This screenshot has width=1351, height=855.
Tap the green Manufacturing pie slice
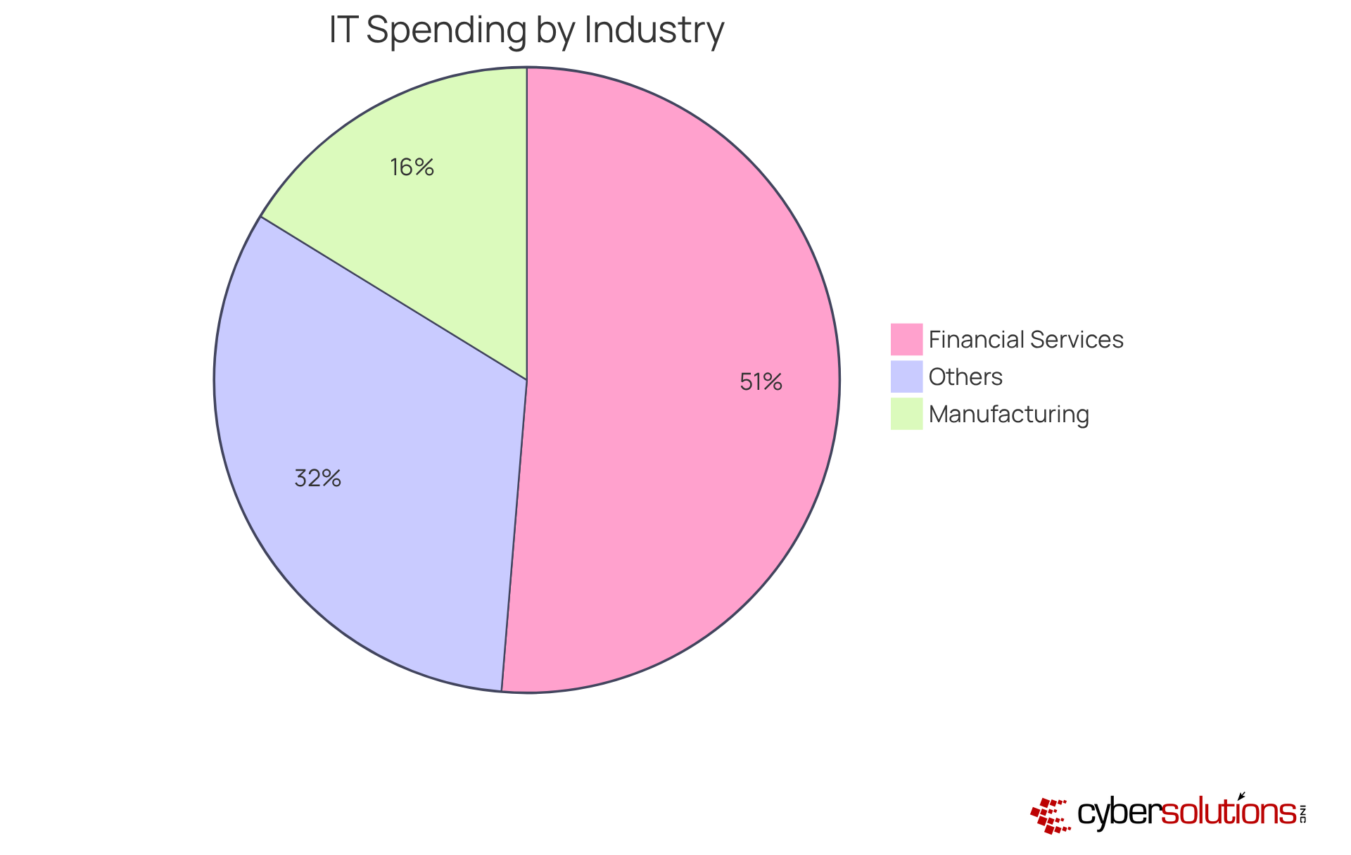point(436,211)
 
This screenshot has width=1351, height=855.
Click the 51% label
point(761,382)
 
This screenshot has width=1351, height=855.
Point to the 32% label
point(318,479)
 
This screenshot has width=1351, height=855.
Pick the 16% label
point(412,167)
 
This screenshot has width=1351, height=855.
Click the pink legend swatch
point(906,339)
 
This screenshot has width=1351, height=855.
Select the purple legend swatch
point(906,376)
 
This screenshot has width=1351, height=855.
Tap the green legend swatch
point(906,414)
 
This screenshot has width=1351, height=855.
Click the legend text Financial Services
point(1026,340)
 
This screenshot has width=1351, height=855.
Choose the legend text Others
point(965,377)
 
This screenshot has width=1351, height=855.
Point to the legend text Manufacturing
point(1009,414)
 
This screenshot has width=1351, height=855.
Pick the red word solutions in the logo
point(1228,813)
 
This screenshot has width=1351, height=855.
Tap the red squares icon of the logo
point(1050,816)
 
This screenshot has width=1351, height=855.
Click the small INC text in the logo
point(1303,813)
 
